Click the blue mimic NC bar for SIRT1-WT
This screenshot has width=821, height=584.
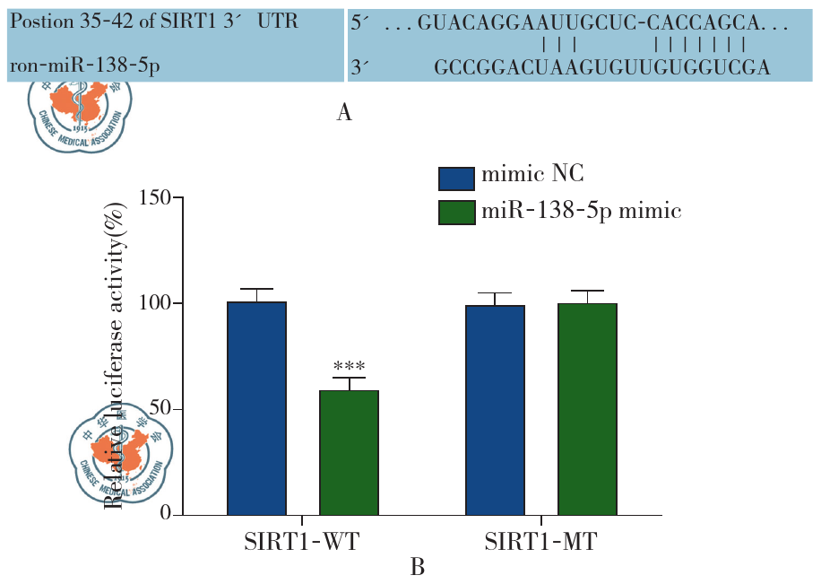pyautogui.click(x=256, y=408)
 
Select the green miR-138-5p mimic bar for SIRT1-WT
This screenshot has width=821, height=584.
pyautogui.click(x=349, y=453)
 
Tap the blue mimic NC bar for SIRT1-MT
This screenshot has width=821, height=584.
pyautogui.click(x=495, y=410)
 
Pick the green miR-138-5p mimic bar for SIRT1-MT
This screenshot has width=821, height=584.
pyautogui.click(x=587, y=409)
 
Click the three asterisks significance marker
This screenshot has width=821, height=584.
pyautogui.click(x=349, y=368)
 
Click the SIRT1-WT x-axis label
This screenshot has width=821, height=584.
pyautogui.click(x=301, y=543)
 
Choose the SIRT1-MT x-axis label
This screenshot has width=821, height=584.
pyautogui.click(x=541, y=543)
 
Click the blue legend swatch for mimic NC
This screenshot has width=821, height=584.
pyautogui.click(x=456, y=179)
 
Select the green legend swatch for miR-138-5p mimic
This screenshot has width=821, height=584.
pyautogui.click(x=456, y=214)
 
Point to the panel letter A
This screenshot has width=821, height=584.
pyautogui.click(x=344, y=113)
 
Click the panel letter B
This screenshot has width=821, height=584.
pyautogui.click(x=417, y=568)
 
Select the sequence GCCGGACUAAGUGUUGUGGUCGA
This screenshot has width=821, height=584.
pyautogui.click(x=601, y=67)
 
